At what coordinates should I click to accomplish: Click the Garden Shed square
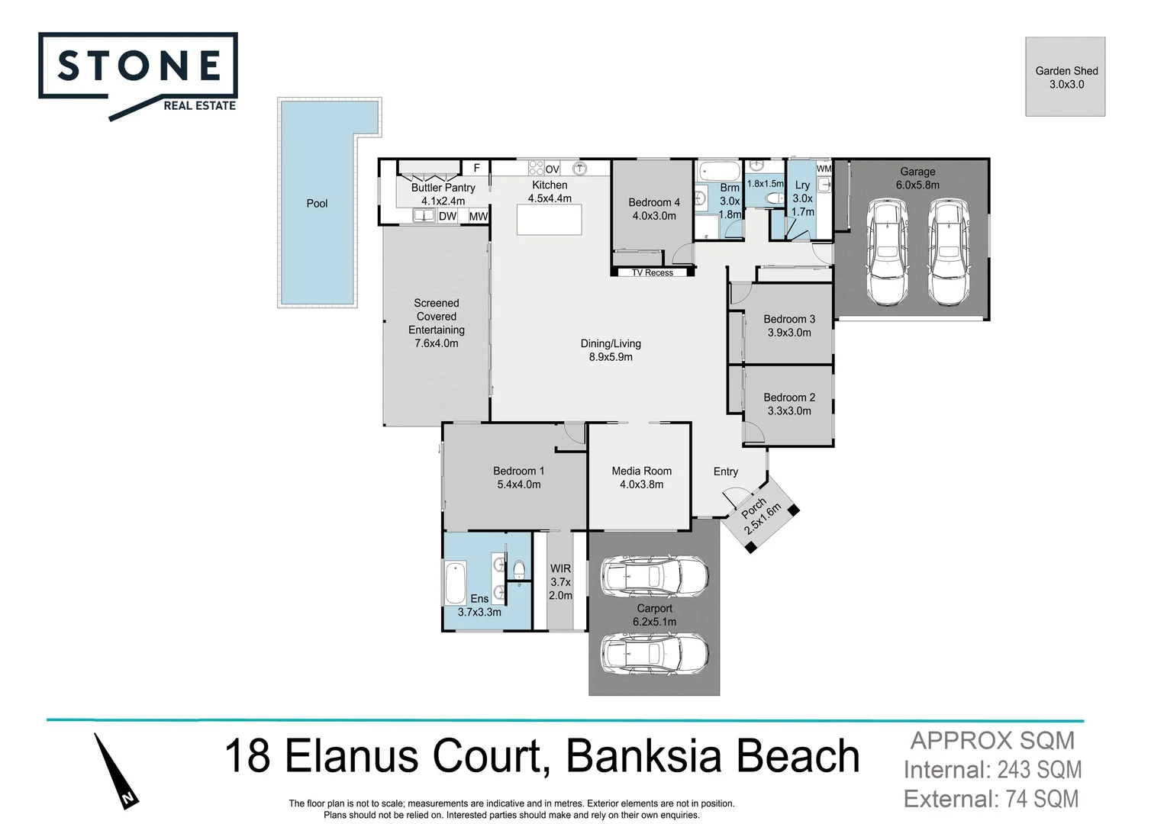1065,77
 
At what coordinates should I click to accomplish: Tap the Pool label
317,204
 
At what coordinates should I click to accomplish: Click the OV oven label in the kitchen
552,169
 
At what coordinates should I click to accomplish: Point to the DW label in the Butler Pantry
447,217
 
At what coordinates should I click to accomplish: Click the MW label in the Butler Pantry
479,217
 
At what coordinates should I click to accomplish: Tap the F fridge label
477,168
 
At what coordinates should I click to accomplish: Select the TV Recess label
652,272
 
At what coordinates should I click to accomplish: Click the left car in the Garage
886,251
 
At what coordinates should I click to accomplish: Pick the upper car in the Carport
654,577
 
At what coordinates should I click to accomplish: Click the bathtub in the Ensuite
456,583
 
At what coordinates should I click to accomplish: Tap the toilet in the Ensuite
519,571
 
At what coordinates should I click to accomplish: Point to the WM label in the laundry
824,169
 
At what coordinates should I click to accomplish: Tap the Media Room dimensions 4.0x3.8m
641,484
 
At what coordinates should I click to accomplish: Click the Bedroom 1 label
518,471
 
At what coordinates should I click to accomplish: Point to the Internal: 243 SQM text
992,770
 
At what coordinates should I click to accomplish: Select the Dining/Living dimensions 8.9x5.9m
610,357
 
